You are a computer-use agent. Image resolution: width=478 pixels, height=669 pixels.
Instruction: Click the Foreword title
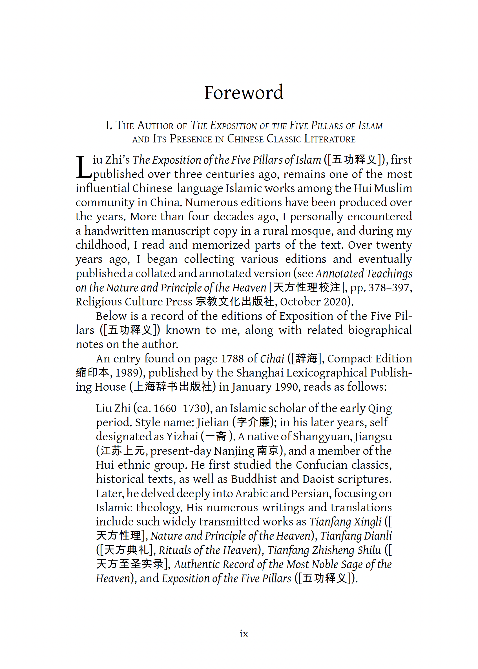point(244,93)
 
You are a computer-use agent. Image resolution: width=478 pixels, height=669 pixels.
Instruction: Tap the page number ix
point(244,633)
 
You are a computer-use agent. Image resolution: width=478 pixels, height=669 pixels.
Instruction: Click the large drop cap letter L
point(84,167)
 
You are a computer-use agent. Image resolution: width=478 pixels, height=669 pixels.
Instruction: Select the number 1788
point(232,359)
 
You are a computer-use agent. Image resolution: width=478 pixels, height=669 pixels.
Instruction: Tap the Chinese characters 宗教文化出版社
point(235,302)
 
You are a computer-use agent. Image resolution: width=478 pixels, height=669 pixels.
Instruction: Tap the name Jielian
point(213,422)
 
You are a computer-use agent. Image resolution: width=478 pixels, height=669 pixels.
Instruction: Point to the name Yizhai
point(182,436)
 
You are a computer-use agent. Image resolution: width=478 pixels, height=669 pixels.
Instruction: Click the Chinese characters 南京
point(267,451)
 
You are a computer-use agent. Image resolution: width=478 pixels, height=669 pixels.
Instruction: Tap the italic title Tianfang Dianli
point(356,536)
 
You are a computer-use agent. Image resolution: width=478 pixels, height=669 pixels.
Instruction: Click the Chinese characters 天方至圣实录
point(130,564)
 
